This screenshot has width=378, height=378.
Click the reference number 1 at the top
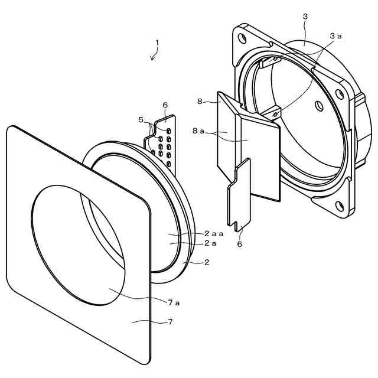click(x=157, y=43)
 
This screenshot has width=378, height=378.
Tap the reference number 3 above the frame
click(x=305, y=17)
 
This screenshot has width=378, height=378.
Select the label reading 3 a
click(x=335, y=36)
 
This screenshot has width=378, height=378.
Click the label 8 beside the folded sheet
click(x=200, y=102)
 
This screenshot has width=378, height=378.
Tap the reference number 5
click(x=141, y=119)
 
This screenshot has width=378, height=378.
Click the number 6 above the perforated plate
click(x=165, y=105)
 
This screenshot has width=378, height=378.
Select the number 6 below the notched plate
click(x=240, y=243)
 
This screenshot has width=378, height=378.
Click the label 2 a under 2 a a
click(x=210, y=243)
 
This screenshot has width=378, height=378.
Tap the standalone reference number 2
click(x=206, y=262)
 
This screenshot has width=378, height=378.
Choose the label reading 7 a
click(x=174, y=302)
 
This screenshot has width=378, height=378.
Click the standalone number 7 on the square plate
click(x=170, y=322)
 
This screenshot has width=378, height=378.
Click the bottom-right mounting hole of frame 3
click(x=340, y=206)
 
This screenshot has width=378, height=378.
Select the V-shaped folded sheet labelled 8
click(x=248, y=148)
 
